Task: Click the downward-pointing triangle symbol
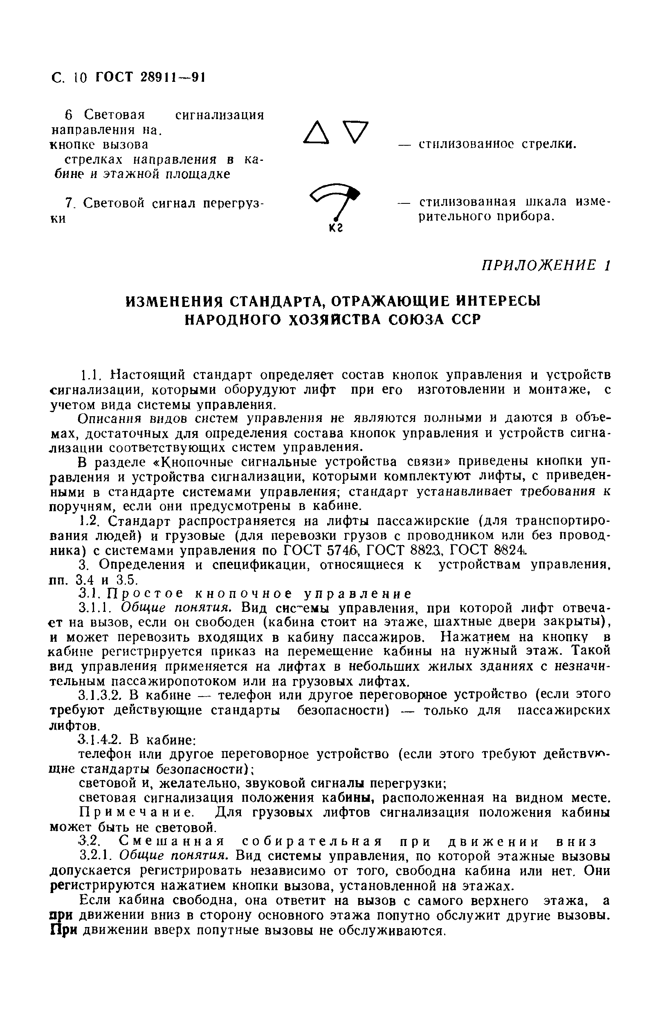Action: coord(355,132)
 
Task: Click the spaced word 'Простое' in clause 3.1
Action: coord(145,594)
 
